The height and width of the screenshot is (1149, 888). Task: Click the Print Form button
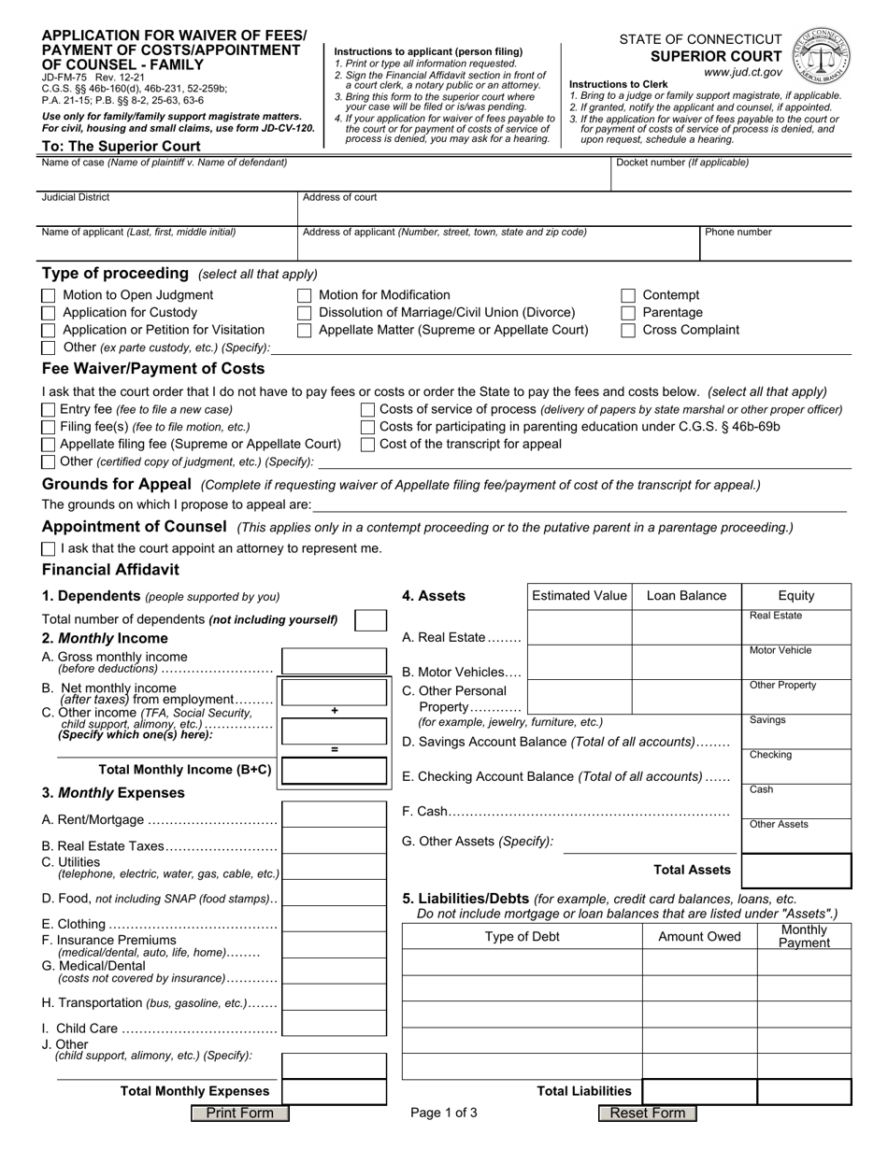click(239, 1113)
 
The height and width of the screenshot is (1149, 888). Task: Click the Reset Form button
click(647, 1113)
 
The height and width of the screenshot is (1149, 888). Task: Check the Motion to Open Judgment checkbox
click(49, 295)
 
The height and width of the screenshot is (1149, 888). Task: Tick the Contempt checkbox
click(629, 295)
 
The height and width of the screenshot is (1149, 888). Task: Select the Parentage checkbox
click(629, 313)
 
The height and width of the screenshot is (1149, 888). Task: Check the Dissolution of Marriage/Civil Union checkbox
click(304, 313)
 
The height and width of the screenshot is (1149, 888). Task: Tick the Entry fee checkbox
click(49, 410)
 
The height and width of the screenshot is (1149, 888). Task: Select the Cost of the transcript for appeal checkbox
click(368, 445)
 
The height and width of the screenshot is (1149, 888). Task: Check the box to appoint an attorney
click(49, 548)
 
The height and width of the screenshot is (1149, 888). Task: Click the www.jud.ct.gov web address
click(743, 71)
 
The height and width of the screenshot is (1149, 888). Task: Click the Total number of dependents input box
click(370, 620)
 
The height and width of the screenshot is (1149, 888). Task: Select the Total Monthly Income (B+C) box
click(334, 770)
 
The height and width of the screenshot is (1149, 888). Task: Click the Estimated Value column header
click(580, 596)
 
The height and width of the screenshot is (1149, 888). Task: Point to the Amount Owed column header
click(699, 936)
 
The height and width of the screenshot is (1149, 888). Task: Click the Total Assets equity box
click(795, 870)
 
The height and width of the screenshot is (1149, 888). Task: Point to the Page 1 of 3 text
click(444, 1113)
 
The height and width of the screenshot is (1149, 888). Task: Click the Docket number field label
click(681, 163)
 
